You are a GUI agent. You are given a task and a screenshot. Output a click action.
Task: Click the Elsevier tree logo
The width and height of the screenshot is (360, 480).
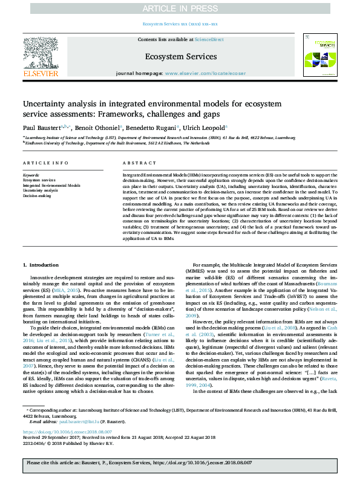[x=41, y=56]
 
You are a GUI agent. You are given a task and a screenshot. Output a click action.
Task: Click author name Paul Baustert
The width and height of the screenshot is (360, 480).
[x=41, y=128]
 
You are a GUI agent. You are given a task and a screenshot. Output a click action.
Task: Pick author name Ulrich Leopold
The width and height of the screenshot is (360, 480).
[x=205, y=128]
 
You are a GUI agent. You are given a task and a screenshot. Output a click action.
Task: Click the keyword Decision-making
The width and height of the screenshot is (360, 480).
[x=38, y=196]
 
